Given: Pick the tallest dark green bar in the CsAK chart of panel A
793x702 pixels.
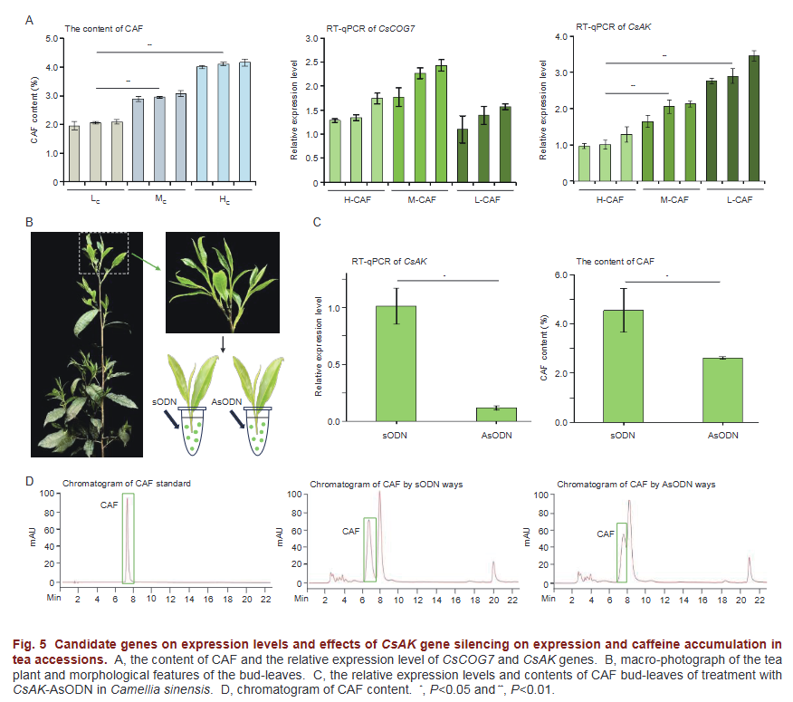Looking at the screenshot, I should point(754,119).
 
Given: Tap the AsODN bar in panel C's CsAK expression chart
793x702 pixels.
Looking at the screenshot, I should point(496,415).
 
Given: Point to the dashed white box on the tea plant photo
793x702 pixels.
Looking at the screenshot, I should point(104,253).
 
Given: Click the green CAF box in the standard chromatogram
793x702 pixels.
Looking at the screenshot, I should point(128,538).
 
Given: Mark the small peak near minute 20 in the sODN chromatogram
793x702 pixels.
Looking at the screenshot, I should point(493,572).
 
